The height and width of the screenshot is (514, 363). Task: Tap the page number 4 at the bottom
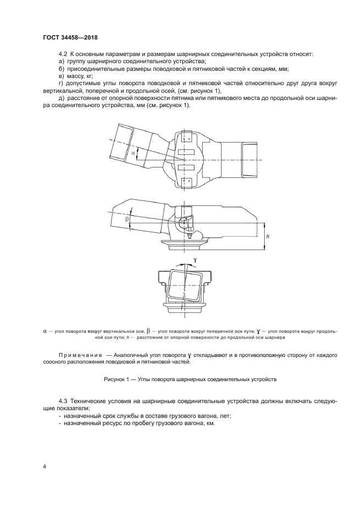pos(44,466)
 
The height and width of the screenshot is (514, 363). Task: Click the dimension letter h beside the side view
pos(267,236)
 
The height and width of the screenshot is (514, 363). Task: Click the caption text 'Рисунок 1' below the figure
pos(117,379)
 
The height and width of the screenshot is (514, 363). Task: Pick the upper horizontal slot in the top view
pos(186,152)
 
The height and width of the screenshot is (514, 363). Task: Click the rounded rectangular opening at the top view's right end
pos(249,159)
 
